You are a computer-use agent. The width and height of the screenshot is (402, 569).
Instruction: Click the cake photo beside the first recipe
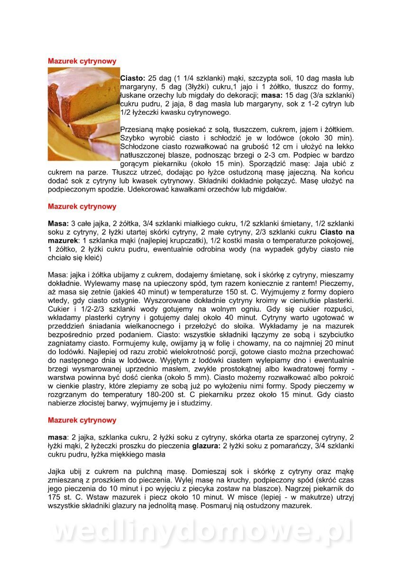pos(83,114)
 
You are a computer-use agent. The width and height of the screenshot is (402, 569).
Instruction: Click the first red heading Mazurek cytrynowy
pos(82,61)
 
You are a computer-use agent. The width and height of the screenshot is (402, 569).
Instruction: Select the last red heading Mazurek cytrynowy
pos(82,420)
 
